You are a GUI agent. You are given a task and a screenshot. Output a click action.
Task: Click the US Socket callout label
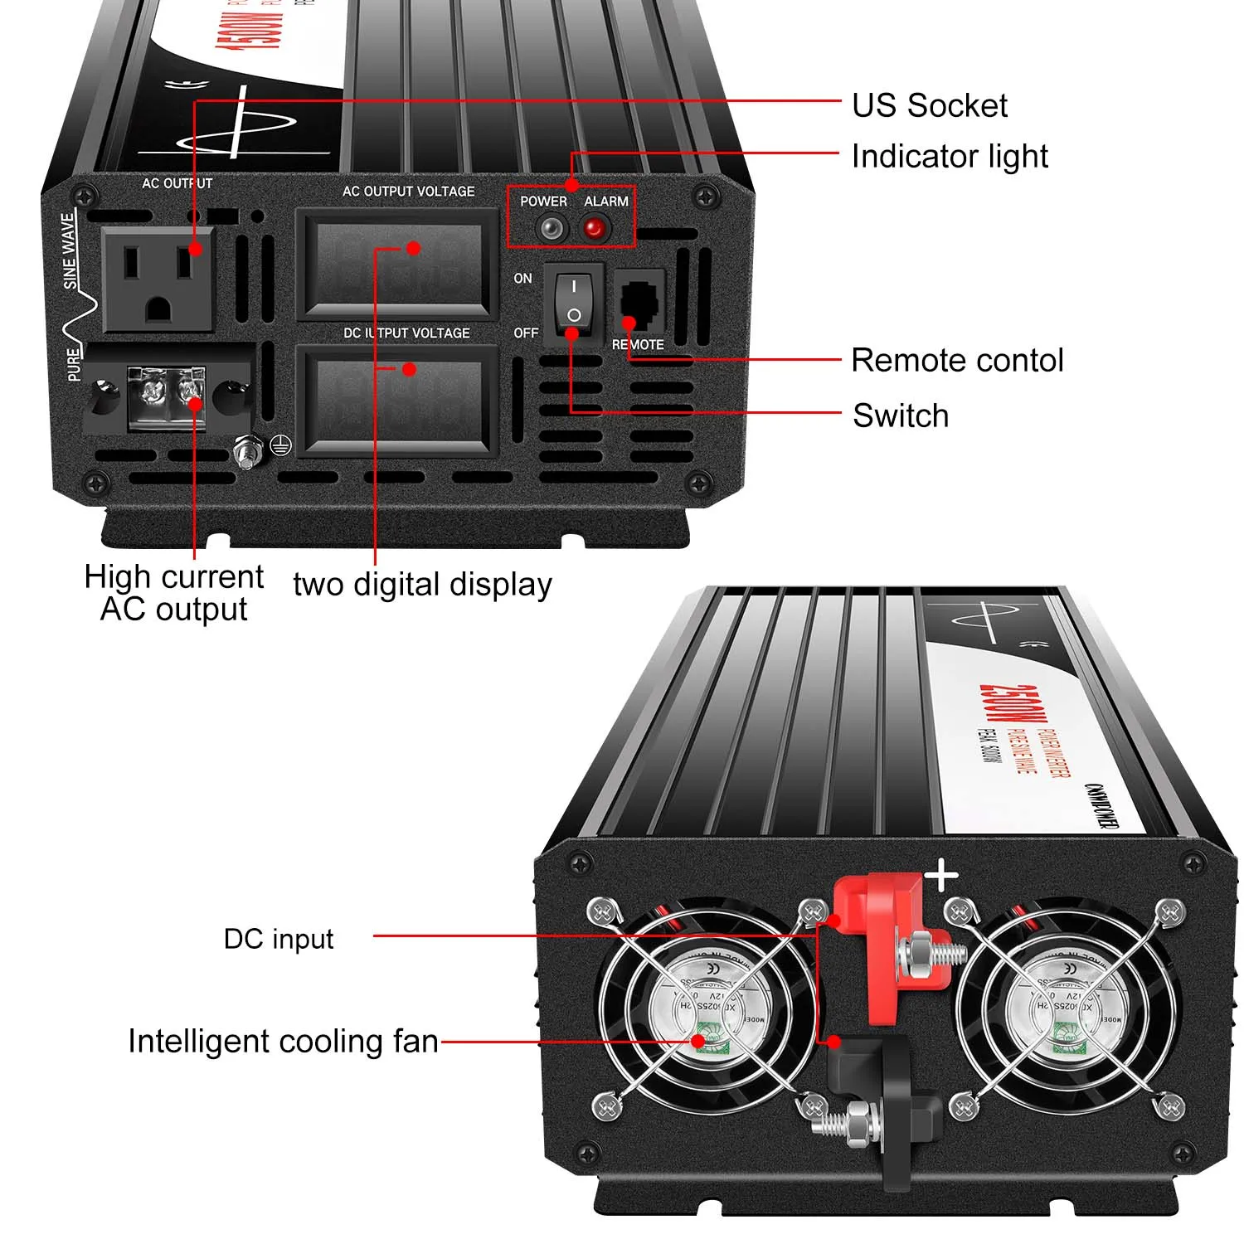[x=929, y=106]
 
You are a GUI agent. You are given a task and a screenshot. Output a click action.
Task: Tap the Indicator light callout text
[x=950, y=157]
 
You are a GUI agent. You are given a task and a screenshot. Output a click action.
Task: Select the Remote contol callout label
[x=957, y=361]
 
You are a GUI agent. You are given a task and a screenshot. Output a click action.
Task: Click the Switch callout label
[x=901, y=415]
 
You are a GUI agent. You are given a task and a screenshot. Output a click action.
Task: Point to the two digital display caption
[x=422, y=585]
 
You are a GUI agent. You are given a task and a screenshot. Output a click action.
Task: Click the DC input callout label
[x=279, y=939]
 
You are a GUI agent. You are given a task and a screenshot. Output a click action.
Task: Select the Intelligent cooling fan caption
[x=283, y=1042]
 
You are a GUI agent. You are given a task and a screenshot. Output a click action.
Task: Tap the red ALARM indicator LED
[x=595, y=227]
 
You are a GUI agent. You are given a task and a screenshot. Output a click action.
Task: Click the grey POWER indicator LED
[x=551, y=228]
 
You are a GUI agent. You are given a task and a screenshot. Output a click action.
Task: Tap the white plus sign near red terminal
[x=941, y=876]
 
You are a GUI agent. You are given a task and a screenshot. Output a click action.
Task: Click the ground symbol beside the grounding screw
[x=281, y=447]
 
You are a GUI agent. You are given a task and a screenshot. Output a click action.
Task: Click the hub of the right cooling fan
[x=1064, y=1008]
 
